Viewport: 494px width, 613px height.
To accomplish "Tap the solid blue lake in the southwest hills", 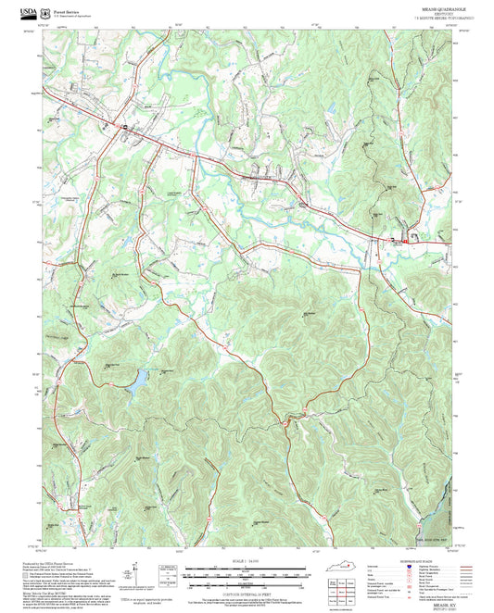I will tap(136, 380).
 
